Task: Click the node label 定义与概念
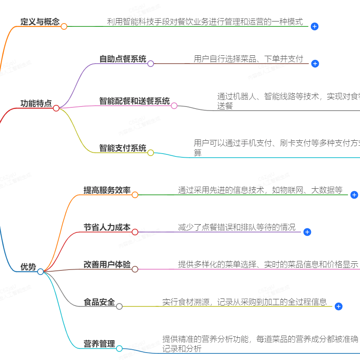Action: coord(40,22)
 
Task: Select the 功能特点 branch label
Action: coord(36,104)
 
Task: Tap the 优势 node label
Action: coord(28,267)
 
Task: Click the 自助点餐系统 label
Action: coord(123,59)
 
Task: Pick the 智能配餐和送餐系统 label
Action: coord(134,101)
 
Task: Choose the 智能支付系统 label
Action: coord(123,148)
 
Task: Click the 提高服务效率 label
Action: coord(107,190)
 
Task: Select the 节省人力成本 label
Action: coord(107,227)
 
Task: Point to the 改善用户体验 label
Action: coord(107,265)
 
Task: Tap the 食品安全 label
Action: coord(99,302)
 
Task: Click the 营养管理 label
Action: coord(99,344)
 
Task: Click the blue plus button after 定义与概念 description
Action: coord(315,26)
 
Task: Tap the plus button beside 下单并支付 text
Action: coord(315,64)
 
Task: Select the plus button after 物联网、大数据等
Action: coord(354,195)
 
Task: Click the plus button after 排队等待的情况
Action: coord(307,232)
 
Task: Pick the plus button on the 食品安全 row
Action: coord(339,306)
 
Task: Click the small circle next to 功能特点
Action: coord(56,108)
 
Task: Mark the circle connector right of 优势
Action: coord(40,272)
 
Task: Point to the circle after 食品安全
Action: coord(119,306)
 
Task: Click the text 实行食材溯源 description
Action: coord(244,302)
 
